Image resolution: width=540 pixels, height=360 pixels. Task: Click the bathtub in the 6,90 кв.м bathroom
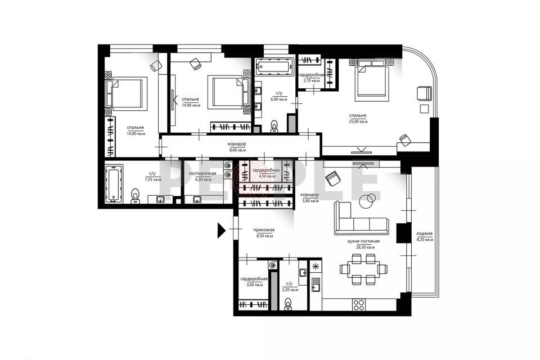coord(274,66)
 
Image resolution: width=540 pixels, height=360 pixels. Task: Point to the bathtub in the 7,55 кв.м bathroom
coord(115,184)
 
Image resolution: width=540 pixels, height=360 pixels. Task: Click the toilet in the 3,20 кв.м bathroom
coord(289,304)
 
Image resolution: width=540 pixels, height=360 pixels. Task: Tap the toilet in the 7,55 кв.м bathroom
coord(136,195)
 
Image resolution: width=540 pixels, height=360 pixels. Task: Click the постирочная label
coord(202,173)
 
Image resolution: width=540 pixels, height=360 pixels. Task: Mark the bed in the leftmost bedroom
coord(128,93)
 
